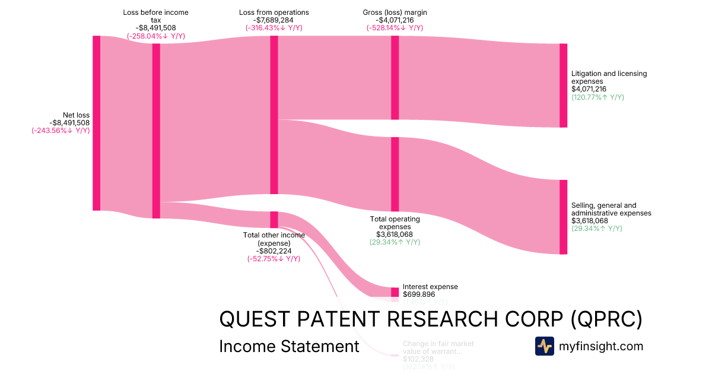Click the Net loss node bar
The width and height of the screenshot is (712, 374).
click(96, 123)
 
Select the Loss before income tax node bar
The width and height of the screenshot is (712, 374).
click(156, 131)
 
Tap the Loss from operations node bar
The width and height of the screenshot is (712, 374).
click(274, 115)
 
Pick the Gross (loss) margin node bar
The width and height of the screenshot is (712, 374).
click(395, 77)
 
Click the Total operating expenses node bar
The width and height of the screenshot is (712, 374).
click(395, 174)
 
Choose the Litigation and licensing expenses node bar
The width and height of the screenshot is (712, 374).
click(563, 85)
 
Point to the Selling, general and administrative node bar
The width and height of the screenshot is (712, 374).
click(563, 217)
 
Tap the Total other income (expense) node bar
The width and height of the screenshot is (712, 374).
click(274, 219)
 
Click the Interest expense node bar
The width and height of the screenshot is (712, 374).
click(395, 292)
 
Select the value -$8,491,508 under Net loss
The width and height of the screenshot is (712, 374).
click(69, 123)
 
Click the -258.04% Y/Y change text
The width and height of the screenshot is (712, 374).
click(155, 36)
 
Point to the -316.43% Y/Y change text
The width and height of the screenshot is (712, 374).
click(274, 28)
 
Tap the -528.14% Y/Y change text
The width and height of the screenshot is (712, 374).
click(395, 28)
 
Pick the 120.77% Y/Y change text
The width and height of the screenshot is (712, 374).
click(597, 97)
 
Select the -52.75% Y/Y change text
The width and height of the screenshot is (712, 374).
click(274, 259)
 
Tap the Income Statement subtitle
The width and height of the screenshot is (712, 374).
click(289, 346)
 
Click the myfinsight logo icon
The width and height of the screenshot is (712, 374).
click(544, 346)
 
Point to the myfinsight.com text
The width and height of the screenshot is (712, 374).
click(601, 346)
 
